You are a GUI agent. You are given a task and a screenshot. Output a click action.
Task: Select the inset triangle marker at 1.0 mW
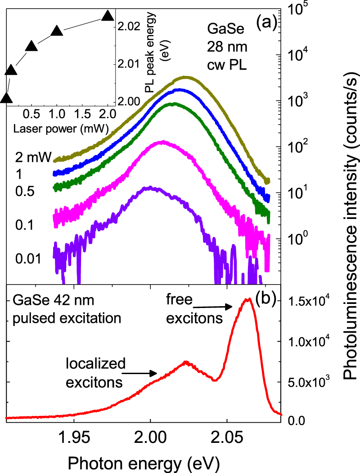(x=57, y=31)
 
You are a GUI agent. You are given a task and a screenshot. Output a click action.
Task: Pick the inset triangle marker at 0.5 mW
(x=31, y=46)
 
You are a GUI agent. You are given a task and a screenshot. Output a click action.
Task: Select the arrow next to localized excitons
(x=140, y=372)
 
